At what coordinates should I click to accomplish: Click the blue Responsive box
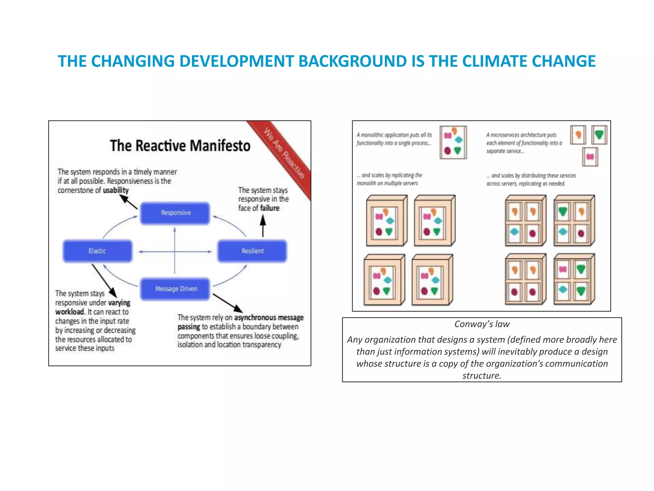(175, 213)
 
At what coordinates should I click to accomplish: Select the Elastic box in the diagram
(97, 251)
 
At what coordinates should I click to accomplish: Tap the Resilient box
(252, 251)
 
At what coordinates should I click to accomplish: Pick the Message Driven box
(175, 289)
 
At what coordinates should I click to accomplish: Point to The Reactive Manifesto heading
(180, 146)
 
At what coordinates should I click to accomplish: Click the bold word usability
(116, 190)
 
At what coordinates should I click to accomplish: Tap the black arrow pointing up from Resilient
(263, 225)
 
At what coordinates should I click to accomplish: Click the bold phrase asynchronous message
(269, 317)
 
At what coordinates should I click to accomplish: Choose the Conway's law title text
(482, 324)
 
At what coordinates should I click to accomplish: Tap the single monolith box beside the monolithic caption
(453, 142)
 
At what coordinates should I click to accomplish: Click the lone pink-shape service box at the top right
(590, 157)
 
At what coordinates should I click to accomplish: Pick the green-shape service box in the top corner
(599, 135)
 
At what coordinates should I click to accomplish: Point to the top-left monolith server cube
(387, 221)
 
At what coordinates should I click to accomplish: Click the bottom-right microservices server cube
(574, 279)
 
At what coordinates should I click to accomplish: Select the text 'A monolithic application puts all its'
(394, 135)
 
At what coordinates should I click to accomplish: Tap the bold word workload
(70, 312)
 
